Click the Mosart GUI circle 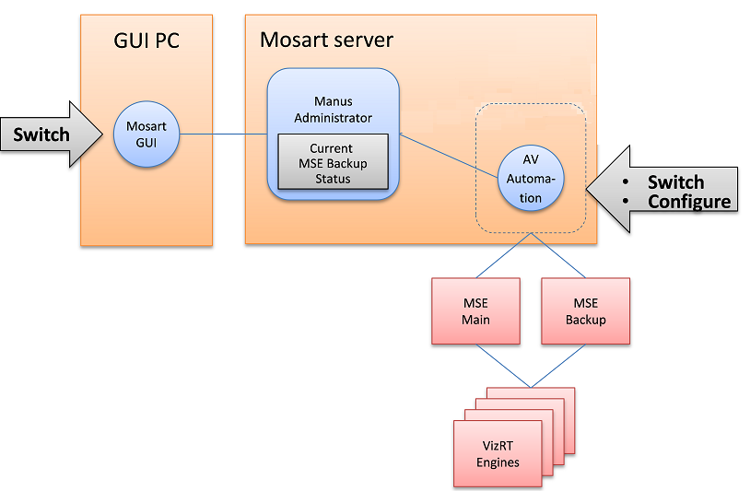point(146,134)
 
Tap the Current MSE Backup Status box point(332,162)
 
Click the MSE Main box point(475,311)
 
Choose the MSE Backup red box point(586,311)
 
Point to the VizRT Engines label point(498,454)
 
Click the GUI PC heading point(146,41)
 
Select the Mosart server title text point(326,41)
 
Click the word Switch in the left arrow point(41,135)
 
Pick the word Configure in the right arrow point(689,202)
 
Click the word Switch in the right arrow point(675,182)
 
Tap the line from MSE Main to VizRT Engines point(502,366)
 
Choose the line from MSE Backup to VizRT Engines point(558,366)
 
